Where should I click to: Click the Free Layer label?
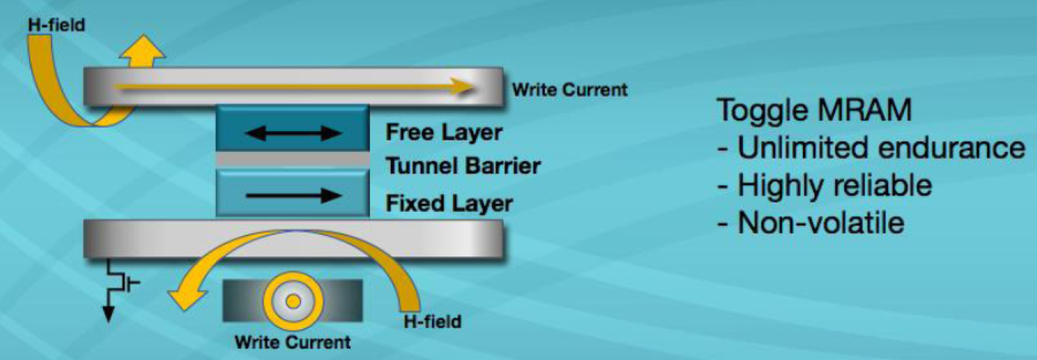444,133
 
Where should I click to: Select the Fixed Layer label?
448,204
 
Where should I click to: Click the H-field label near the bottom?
432,321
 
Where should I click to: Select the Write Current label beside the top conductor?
570,90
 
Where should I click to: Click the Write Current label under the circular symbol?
292,342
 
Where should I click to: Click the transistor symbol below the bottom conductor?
124,284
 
